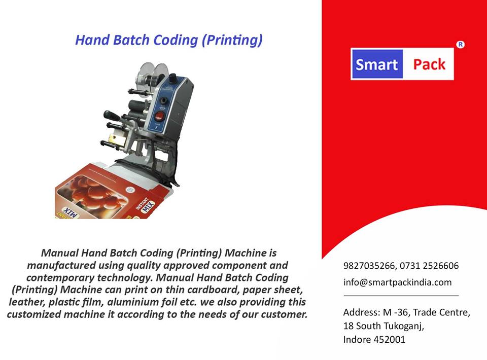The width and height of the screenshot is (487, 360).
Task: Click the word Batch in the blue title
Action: (131, 40)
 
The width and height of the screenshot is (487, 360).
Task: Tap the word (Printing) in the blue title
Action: (232, 41)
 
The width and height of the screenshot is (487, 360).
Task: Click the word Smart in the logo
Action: (376, 64)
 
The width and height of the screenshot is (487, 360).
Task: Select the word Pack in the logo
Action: (429, 64)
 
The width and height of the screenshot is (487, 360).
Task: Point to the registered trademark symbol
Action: (460, 45)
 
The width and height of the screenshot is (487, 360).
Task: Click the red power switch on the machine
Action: (159, 117)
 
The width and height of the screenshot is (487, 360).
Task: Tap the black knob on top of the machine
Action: (172, 77)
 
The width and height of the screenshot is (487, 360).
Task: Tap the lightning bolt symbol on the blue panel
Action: (156, 128)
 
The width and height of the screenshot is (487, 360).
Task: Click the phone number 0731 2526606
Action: (429, 266)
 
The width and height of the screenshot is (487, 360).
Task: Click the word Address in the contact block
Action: (362, 312)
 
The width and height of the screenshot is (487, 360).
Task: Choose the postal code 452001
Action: (390, 340)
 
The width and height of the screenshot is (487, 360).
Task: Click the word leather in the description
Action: (27, 302)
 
